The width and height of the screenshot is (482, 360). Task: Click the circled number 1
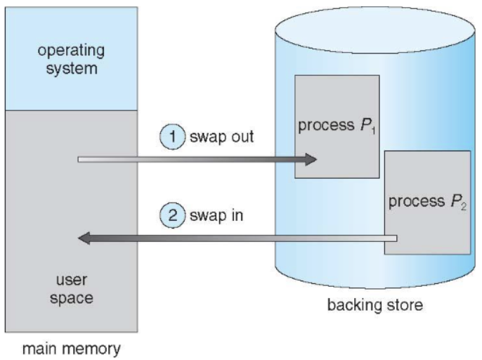pos(172,136)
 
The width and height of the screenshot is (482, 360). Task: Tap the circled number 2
pos(172,215)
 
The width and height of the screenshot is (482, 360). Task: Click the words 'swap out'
pos(221,136)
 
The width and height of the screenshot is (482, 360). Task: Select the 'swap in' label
pos(216,215)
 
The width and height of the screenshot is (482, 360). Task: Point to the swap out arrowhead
pos(311,160)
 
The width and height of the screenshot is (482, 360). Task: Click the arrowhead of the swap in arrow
pos(84,238)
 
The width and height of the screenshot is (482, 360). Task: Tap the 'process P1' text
pos(337,126)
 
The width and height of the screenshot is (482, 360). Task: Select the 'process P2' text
pos(428,202)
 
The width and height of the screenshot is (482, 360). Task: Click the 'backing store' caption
pos(375,305)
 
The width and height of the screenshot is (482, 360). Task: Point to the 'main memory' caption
pos(72,349)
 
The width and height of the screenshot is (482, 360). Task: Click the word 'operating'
pos(71,51)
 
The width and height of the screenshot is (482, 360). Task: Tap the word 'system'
pos(72,69)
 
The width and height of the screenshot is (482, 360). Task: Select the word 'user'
pos(72,280)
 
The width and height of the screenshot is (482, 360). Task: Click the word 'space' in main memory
pos(72,298)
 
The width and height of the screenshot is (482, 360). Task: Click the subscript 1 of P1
pos(373,131)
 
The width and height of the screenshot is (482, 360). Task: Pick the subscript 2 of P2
pos(464,207)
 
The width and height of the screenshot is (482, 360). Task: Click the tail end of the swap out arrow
pos(79,160)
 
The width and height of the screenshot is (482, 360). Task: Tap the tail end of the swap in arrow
pos(396,238)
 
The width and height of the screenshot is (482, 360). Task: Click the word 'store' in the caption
pos(405,305)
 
